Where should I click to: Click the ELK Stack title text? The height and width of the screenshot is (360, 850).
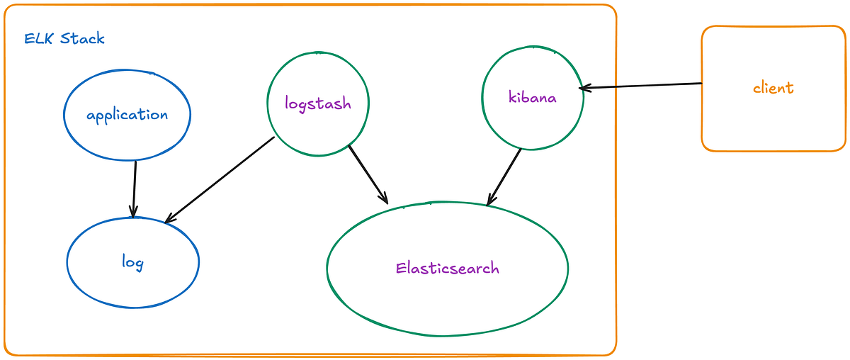coord(64,38)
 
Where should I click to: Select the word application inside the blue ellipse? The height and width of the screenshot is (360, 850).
coord(127,115)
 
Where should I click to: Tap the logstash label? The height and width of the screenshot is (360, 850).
coord(318,103)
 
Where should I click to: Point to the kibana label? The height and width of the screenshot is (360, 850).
coord(533,97)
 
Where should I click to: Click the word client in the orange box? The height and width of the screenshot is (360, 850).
coord(773,88)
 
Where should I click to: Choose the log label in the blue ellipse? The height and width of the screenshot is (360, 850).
coord(133,262)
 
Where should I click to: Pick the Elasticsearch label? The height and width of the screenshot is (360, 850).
coord(448,268)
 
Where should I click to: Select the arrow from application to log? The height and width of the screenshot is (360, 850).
coord(135,189)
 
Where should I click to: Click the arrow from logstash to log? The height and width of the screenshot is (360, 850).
coord(220,179)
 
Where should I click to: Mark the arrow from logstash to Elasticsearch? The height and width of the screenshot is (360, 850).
coord(368,174)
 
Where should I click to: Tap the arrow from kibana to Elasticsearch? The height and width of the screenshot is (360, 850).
coord(504,177)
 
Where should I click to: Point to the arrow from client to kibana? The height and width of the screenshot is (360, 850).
coord(640,86)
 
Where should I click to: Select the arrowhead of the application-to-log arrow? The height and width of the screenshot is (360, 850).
coord(133,213)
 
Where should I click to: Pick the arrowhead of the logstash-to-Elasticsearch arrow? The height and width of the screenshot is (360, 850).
coord(384,198)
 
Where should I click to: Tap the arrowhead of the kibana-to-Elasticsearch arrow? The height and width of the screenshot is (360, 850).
coord(490,200)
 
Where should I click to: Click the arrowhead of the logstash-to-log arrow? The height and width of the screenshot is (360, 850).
coord(169,219)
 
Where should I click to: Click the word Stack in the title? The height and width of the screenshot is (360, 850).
coord(82,38)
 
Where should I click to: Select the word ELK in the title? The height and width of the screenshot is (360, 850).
coord(38,39)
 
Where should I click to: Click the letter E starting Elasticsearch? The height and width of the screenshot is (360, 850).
coord(401,268)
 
